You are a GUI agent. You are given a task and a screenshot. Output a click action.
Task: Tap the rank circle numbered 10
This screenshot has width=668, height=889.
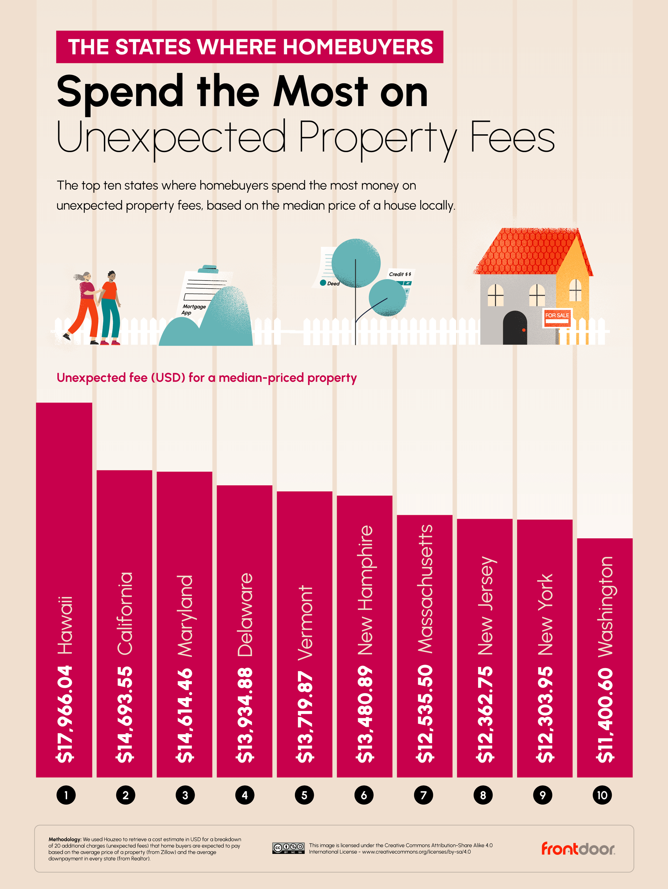(x=602, y=795)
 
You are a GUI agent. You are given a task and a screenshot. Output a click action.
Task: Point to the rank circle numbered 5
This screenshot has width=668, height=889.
(x=304, y=795)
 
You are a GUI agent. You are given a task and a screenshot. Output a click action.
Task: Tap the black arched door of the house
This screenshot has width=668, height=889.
(x=515, y=328)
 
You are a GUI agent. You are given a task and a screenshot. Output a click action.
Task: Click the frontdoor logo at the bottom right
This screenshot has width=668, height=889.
(x=578, y=849)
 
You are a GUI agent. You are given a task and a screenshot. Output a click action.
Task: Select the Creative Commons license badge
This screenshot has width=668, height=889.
(x=288, y=848)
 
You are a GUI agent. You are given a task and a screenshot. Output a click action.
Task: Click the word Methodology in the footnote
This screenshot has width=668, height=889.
(x=64, y=839)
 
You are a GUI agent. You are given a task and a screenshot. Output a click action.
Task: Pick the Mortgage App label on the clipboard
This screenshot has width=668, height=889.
(x=194, y=309)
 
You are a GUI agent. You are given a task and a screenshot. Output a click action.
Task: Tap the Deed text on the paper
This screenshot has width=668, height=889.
(x=333, y=283)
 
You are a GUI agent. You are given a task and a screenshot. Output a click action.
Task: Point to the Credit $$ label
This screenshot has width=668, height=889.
(x=400, y=274)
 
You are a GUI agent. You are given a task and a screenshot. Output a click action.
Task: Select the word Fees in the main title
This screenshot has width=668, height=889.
(x=512, y=138)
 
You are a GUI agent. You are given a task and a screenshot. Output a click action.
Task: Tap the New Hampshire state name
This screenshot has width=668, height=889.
(x=365, y=590)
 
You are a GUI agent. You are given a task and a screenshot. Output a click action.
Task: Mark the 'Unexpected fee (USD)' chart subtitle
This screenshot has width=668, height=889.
(x=207, y=378)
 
